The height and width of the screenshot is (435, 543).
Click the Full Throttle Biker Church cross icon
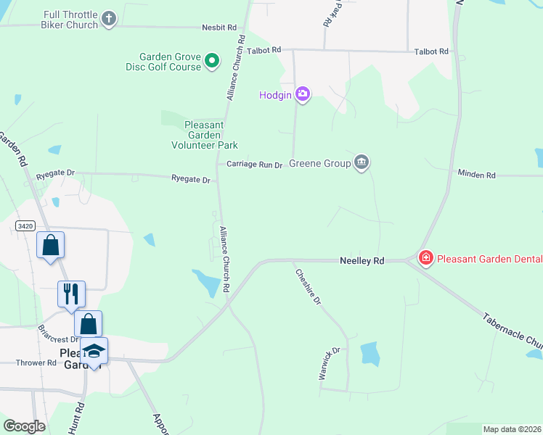pyautogui.click(x=109, y=19)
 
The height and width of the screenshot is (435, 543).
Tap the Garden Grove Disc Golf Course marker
pyautogui.click(x=212, y=61)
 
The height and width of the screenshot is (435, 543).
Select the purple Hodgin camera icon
pyautogui.click(x=303, y=94)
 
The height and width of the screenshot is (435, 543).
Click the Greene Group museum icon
pyautogui.click(x=362, y=162)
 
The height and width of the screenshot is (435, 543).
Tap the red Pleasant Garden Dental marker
pyautogui.click(x=425, y=258)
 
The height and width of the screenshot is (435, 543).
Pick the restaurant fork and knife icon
pyautogui.click(x=71, y=293)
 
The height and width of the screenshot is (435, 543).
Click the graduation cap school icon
pyautogui.click(x=93, y=351)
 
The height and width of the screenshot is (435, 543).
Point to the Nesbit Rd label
pyautogui.click(x=219, y=28)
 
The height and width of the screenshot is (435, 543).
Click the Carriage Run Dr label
pyautogui.click(x=254, y=165)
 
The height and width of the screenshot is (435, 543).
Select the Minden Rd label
pyautogui.click(x=476, y=175)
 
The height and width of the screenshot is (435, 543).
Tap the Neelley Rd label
pyautogui.click(x=362, y=260)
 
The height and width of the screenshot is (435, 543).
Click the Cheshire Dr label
pyautogui.click(x=307, y=286)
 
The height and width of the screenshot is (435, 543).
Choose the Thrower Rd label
pyautogui.click(x=37, y=362)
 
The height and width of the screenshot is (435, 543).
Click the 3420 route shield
pyautogui.click(x=24, y=226)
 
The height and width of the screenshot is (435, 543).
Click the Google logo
pyautogui.click(x=24, y=426)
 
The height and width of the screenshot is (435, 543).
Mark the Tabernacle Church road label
pyautogui.click(x=513, y=331)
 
